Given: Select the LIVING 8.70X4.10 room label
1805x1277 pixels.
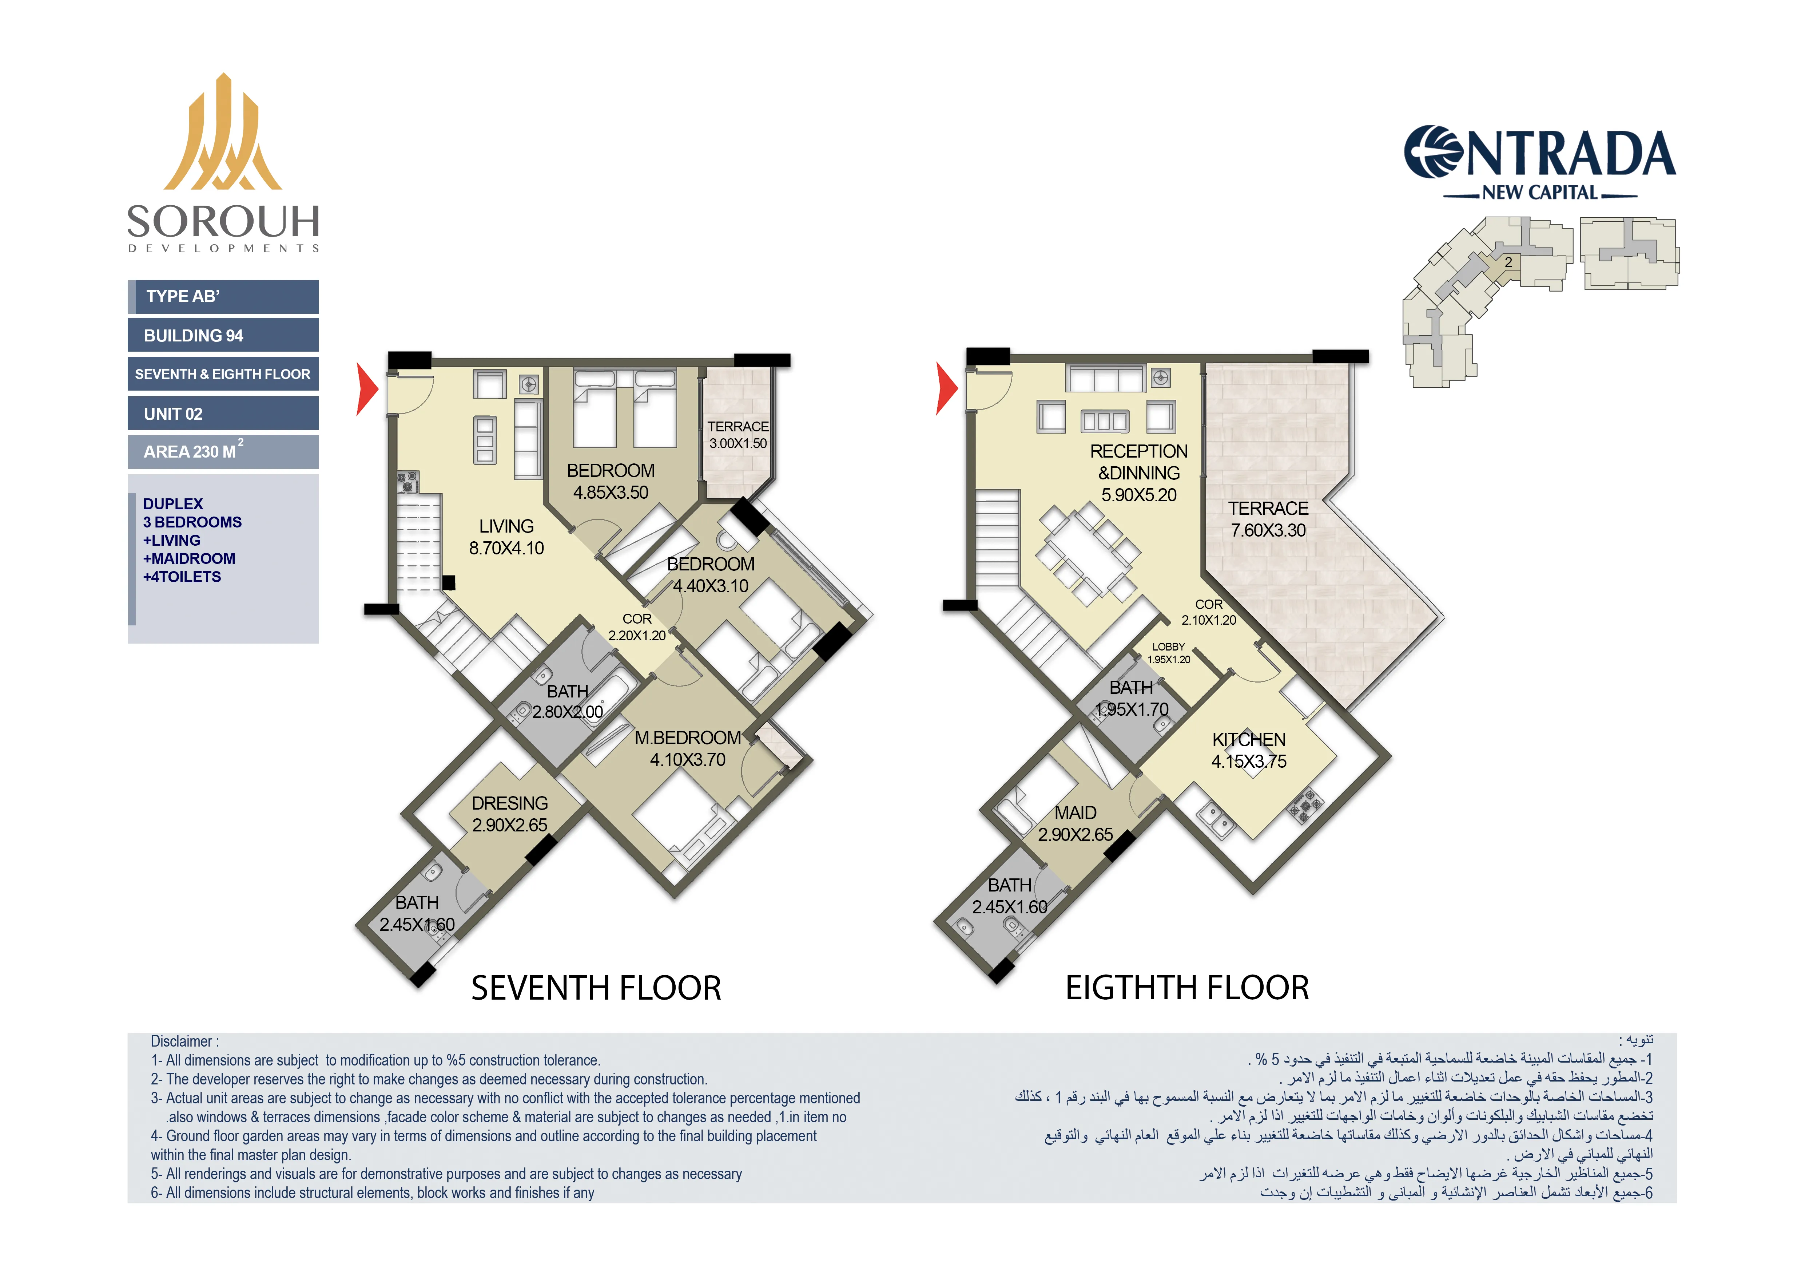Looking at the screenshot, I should [x=506, y=537].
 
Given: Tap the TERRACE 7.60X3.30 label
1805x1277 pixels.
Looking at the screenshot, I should [x=1268, y=519].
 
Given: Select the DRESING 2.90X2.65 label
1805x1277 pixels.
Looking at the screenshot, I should [x=509, y=814].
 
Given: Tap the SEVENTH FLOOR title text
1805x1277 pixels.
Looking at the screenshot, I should [x=596, y=988].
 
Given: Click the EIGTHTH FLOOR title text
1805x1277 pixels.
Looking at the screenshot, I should [x=1187, y=988].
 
